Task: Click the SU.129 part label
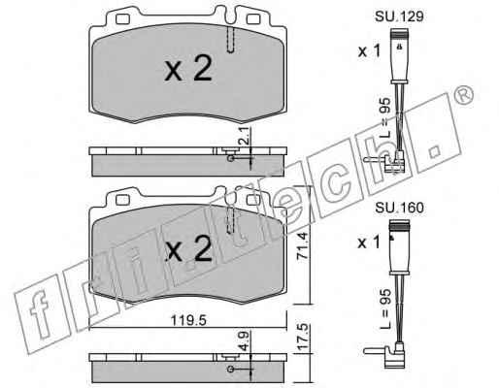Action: tap(399, 16)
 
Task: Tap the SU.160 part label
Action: tap(399, 208)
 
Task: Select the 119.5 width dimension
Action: tap(188, 320)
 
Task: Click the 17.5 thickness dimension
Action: tap(302, 337)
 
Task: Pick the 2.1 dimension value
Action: tap(246, 136)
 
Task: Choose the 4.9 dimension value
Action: tap(245, 340)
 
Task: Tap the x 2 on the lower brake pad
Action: tap(188, 247)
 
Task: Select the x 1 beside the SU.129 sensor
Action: tap(369, 51)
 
